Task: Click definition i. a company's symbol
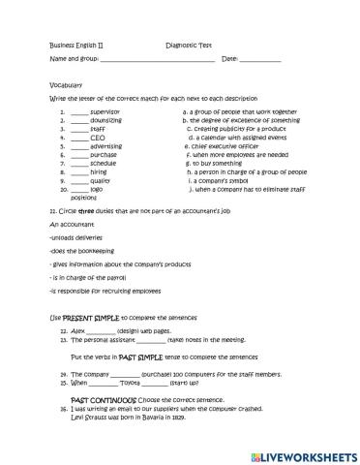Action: click(222, 179)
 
